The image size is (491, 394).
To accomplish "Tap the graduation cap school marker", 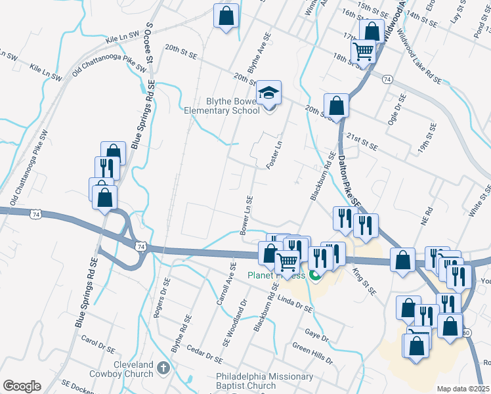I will click(268, 93).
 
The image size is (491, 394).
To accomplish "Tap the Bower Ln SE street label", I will click(245, 215).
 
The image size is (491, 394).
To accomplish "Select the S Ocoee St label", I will click(149, 43).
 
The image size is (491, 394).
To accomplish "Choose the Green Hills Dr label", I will click(313, 354).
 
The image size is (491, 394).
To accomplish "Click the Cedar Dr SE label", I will click(205, 354).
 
